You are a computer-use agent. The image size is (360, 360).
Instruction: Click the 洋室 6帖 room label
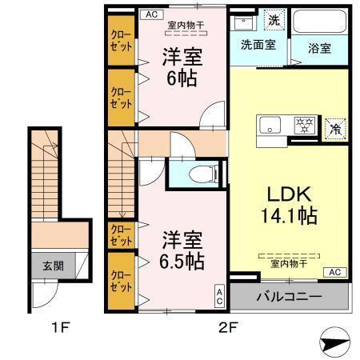(181, 69)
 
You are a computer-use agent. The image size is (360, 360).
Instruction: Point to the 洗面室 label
(258, 46)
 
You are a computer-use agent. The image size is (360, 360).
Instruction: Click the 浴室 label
(320, 47)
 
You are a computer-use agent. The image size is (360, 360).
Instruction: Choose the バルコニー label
(289, 297)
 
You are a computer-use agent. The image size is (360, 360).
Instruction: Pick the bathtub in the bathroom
(320, 22)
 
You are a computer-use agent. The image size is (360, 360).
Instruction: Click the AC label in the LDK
(335, 272)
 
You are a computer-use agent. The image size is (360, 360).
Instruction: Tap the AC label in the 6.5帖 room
(219, 297)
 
